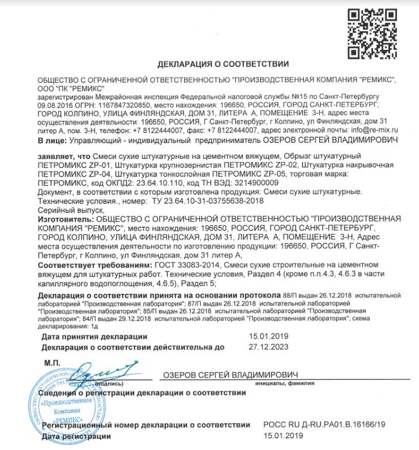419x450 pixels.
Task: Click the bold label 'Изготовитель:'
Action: click(65, 218)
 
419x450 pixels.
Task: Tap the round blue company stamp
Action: click(65, 409)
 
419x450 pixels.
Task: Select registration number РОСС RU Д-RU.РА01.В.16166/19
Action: click(324, 424)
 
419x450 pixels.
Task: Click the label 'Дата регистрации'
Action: click(77, 436)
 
